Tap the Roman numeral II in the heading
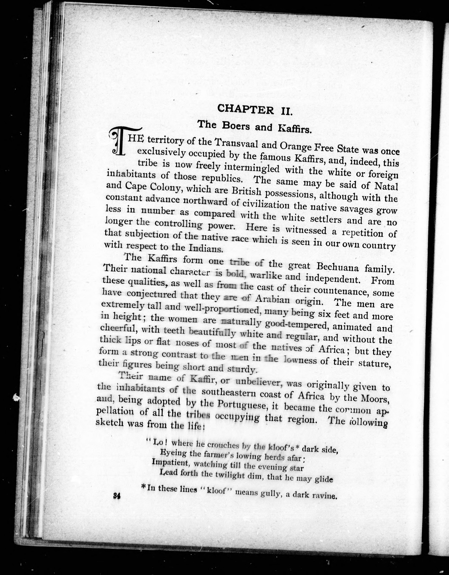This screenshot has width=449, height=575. pyautogui.click(x=285, y=110)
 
